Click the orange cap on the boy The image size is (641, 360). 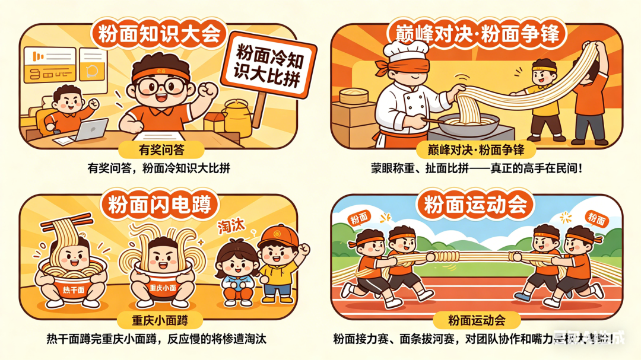click(277, 237)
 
